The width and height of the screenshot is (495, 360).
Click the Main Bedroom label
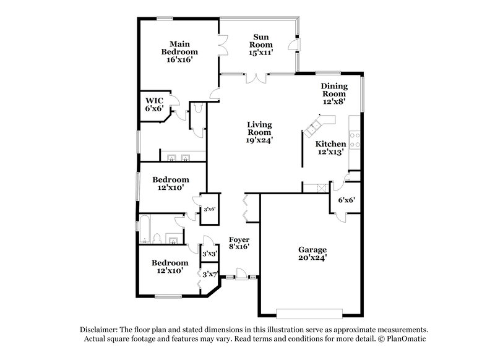[x=179, y=52]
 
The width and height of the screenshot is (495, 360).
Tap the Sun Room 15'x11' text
[x=261, y=45]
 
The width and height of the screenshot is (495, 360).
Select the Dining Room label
[x=334, y=93]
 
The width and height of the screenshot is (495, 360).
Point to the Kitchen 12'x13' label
[x=332, y=147]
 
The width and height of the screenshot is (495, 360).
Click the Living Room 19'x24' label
[x=260, y=132]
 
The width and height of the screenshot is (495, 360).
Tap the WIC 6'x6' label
[x=153, y=104]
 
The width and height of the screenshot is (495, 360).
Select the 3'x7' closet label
[x=208, y=275]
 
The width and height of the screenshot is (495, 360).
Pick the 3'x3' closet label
[x=209, y=254]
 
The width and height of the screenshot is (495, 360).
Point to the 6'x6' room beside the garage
[x=346, y=200]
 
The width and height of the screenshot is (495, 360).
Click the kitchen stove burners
[x=356, y=140]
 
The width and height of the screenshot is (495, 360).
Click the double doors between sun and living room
[x=256, y=78]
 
